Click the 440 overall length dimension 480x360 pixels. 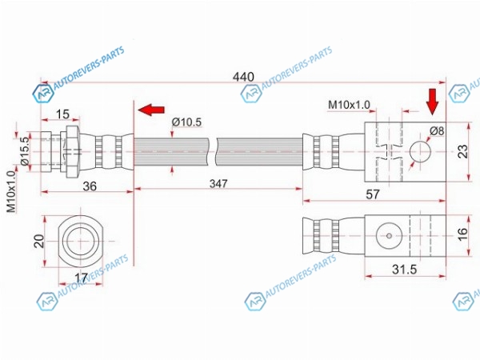tap(243, 77)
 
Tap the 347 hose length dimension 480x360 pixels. tap(218, 184)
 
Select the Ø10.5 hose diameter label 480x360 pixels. tap(186, 122)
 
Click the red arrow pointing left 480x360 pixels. tap(151, 110)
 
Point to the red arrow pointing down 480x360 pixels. tap(433, 102)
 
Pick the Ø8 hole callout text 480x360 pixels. tap(437, 131)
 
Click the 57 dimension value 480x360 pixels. tap(373, 194)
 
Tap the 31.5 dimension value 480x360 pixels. tap(404, 270)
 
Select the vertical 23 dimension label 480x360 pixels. tap(462, 151)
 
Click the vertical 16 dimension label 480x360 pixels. tap(462, 234)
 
